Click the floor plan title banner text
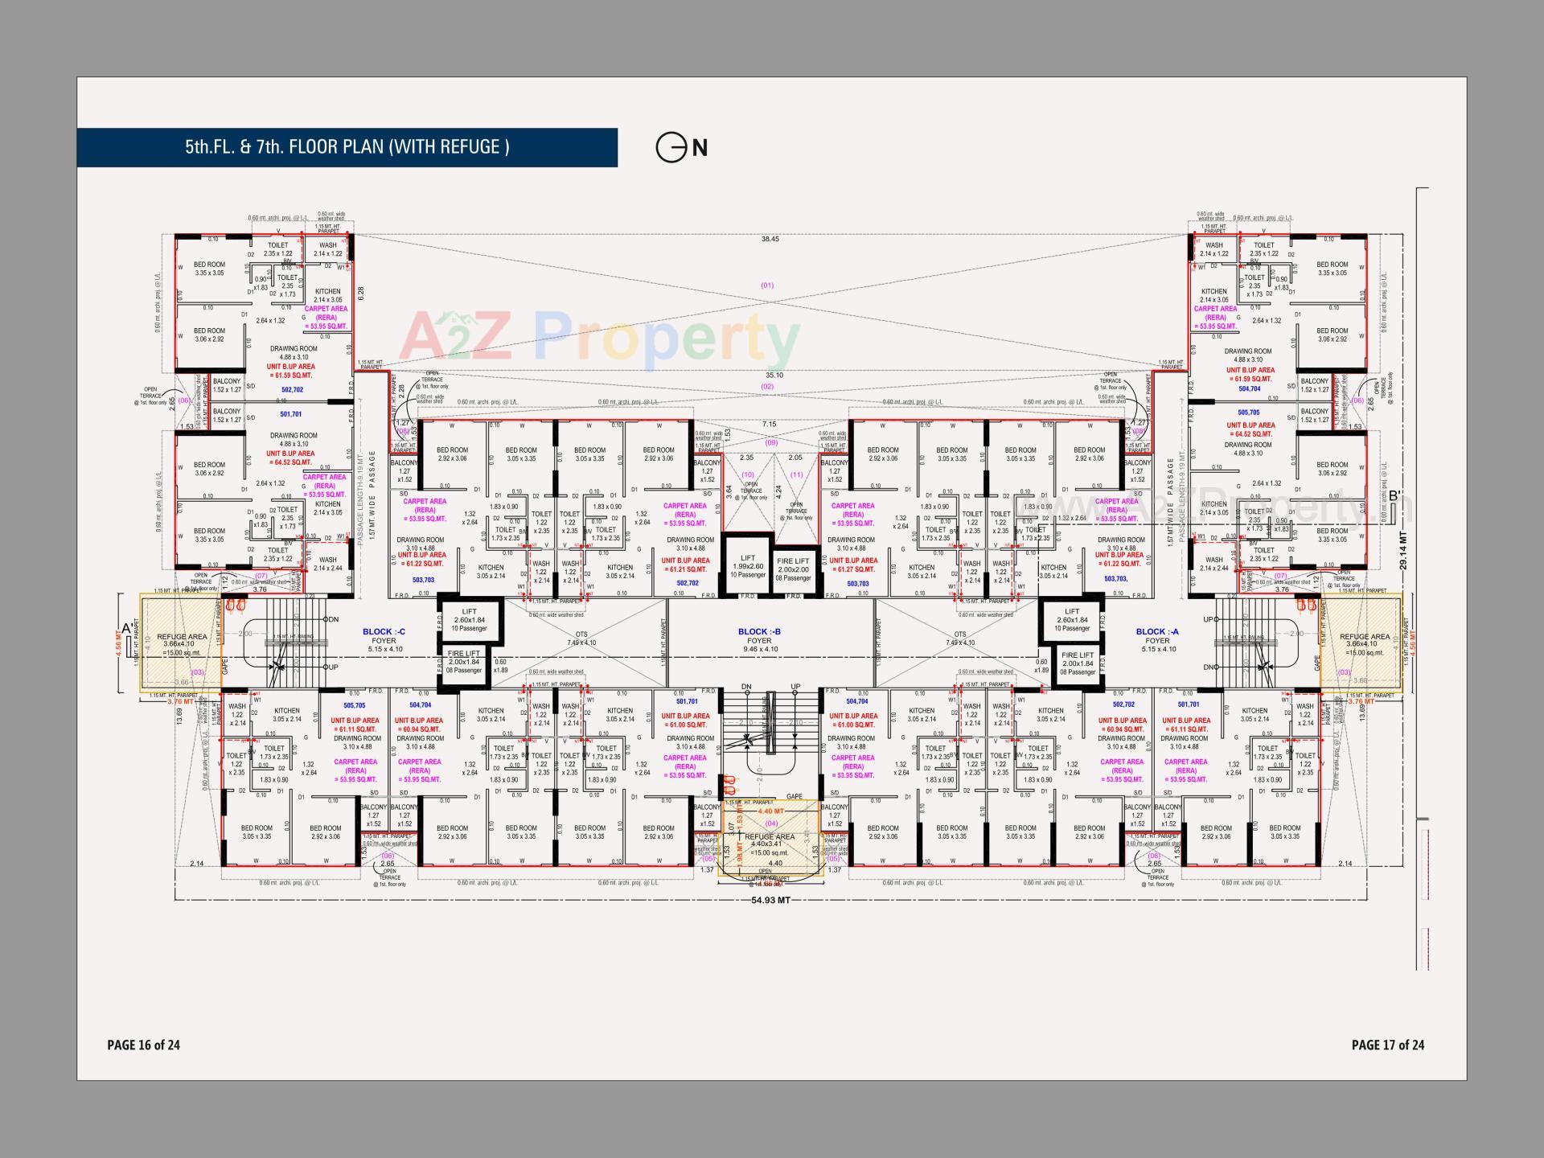click(347, 147)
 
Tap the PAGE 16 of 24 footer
click(143, 1045)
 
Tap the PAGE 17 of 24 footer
click(1387, 1045)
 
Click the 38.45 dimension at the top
click(770, 239)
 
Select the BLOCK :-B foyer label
click(759, 636)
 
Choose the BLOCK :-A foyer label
click(1157, 636)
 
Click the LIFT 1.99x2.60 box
click(747, 566)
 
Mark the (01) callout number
click(766, 285)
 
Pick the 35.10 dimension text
click(774, 375)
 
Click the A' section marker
click(126, 628)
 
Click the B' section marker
click(1395, 496)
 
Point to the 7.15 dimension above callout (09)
click(770, 424)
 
